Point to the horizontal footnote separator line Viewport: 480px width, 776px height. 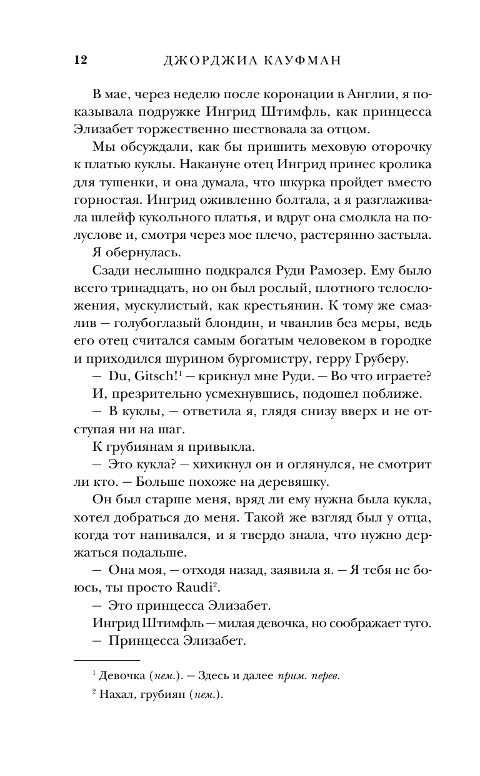coord(107,659)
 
